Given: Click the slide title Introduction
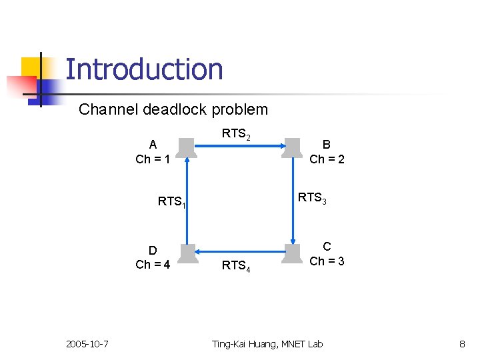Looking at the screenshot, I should point(144,69).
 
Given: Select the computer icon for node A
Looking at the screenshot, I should point(187,149).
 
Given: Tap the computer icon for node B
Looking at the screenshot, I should point(292,149).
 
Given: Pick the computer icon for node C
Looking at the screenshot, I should point(292,254).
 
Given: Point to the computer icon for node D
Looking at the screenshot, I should point(188,254).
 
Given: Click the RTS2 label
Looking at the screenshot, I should point(236,134).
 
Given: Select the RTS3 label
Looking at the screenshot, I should point(312,198).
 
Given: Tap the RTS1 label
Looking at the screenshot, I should point(171,201).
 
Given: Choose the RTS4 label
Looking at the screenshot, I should point(236,266).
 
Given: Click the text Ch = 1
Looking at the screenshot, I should point(153,159).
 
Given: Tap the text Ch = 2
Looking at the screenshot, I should point(327,159).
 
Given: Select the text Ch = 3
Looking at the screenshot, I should point(327,261).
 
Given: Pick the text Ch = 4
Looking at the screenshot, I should point(153,265).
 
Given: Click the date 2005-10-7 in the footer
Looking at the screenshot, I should point(88,344).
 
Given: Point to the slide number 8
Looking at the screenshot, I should point(461,344).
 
